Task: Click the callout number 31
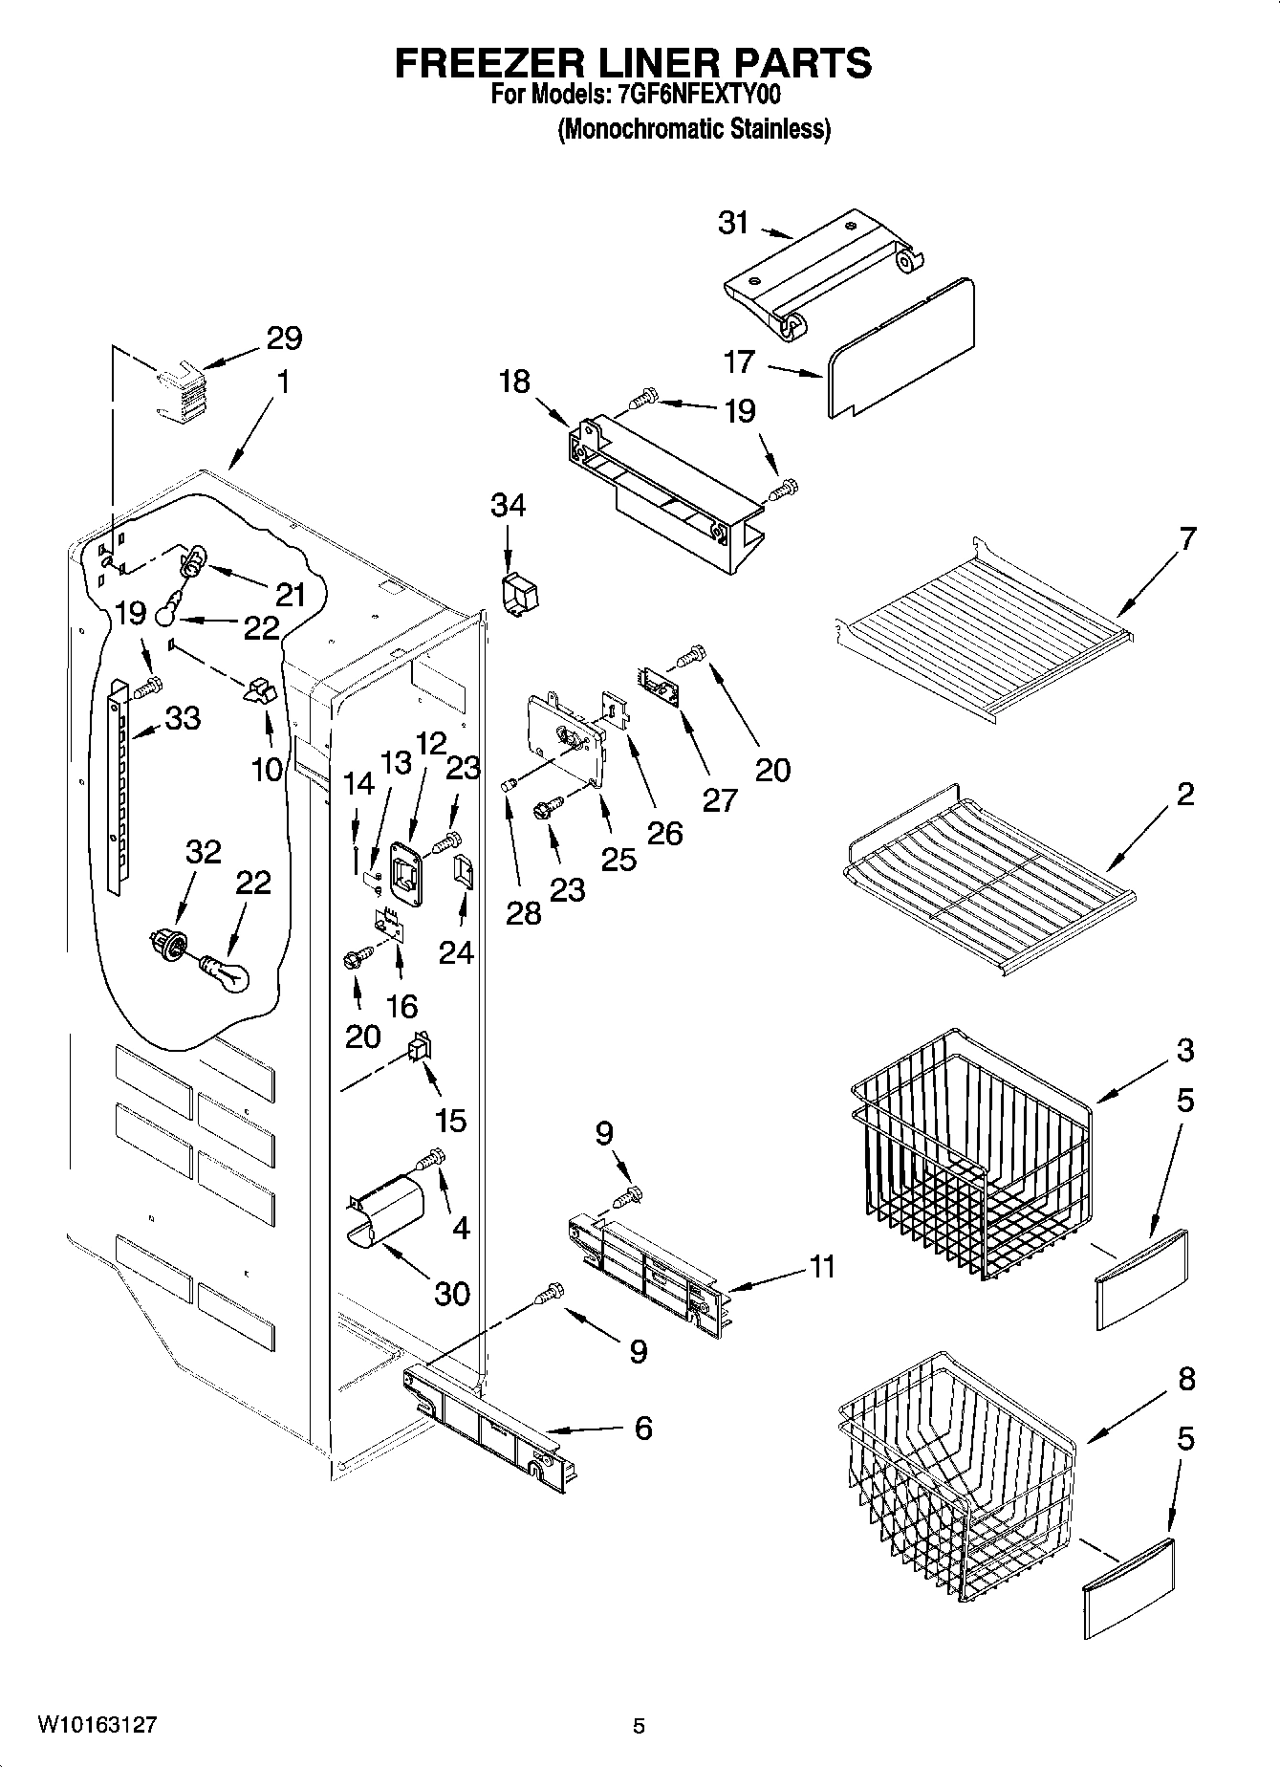click(733, 223)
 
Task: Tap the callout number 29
click(284, 338)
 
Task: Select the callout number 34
click(508, 505)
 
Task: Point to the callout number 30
click(451, 1294)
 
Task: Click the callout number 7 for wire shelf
click(1186, 538)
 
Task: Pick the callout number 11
click(821, 1267)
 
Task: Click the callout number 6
click(643, 1429)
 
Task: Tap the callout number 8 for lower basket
click(1185, 1379)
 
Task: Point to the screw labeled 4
click(431, 1160)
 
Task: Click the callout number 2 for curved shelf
click(1185, 795)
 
